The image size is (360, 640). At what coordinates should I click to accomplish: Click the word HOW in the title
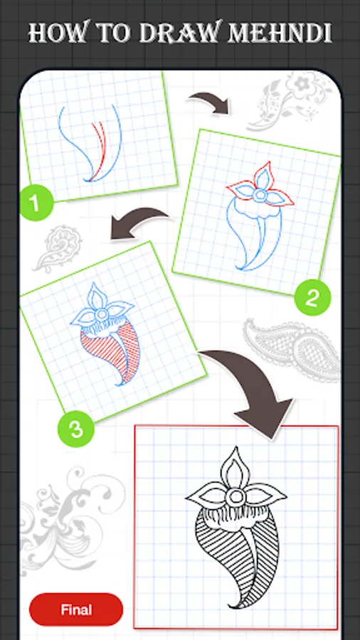click(58, 33)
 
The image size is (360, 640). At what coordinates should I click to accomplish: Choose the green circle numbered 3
click(76, 430)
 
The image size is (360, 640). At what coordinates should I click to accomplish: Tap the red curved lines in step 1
click(98, 149)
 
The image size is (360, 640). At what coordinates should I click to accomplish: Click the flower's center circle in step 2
click(259, 196)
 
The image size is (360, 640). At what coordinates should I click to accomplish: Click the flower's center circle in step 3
click(101, 315)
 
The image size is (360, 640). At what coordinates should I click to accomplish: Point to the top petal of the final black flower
click(234, 467)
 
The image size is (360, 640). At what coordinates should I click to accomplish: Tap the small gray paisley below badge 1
click(57, 247)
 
